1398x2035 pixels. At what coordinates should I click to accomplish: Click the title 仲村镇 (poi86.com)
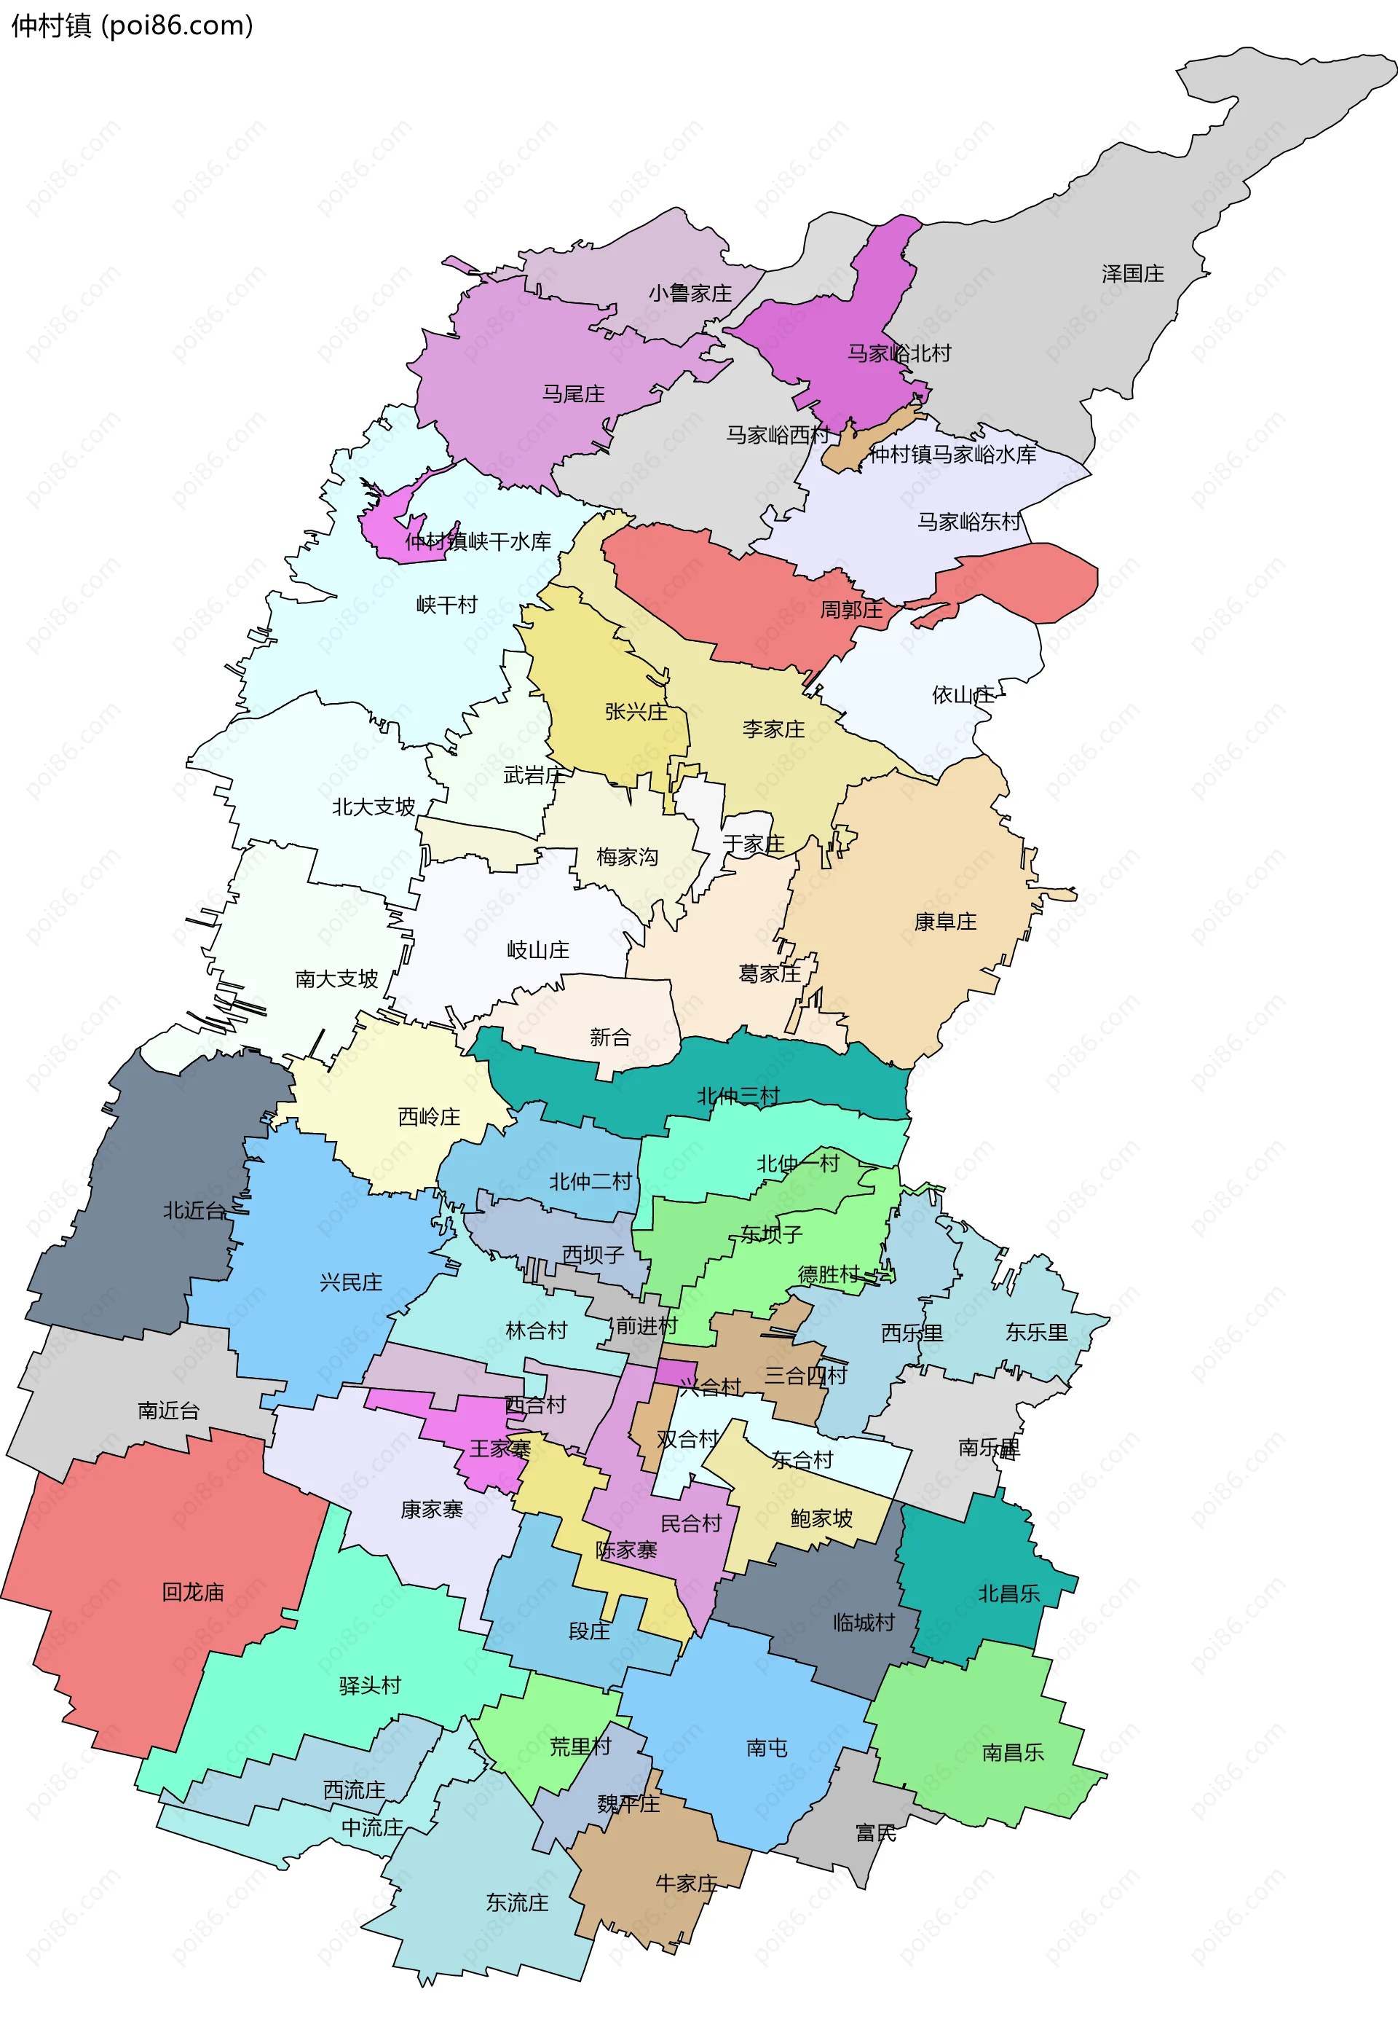131,26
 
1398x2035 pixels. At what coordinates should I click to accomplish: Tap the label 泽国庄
1132,274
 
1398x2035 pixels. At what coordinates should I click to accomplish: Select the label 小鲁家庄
690,294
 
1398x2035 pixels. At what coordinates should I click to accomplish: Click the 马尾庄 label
573,394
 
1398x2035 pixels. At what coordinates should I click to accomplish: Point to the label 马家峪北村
898,353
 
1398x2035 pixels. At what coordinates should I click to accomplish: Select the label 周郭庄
850,609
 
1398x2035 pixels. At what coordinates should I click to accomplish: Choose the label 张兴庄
635,712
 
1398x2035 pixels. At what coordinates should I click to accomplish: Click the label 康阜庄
944,922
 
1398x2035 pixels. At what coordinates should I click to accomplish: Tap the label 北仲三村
738,1096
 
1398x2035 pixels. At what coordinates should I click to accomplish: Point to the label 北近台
194,1210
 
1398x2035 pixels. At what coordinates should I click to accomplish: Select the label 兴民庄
350,1283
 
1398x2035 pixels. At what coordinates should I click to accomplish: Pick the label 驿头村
370,1685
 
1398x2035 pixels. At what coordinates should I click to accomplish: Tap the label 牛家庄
686,1883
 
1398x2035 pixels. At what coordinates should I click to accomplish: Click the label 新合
609,1038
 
